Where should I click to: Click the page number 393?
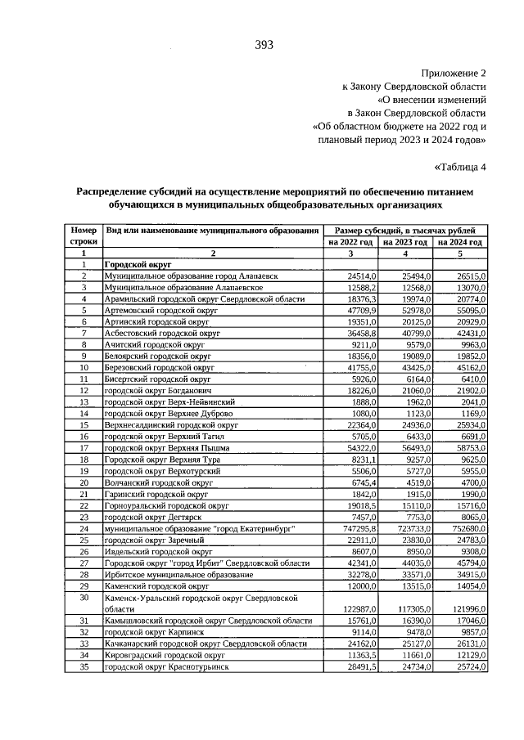tap(263, 45)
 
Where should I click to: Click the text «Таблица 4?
tap(459, 168)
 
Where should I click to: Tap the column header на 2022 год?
tap(350, 243)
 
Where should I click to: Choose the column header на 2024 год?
tap(460, 243)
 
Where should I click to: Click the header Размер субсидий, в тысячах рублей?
tap(405, 231)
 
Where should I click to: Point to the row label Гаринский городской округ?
tap(153, 495)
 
